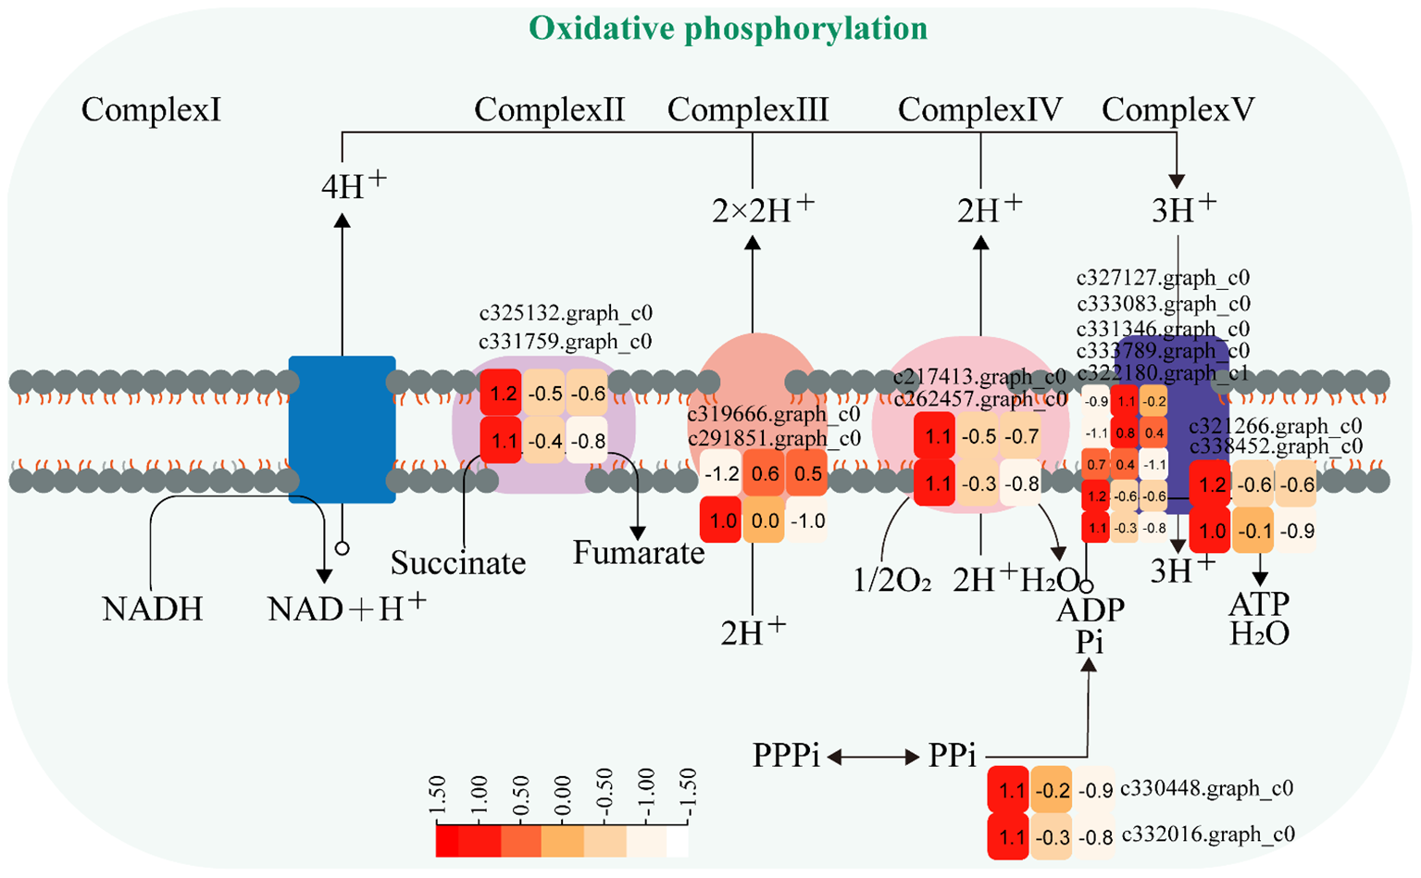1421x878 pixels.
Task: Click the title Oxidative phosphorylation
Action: (x=728, y=29)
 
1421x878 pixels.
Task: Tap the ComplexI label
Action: (x=151, y=110)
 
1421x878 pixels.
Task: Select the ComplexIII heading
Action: (x=747, y=110)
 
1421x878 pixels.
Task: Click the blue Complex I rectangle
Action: (x=342, y=429)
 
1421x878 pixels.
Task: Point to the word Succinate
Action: (x=457, y=563)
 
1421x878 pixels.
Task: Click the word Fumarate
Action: (x=638, y=553)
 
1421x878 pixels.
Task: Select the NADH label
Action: (x=152, y=609)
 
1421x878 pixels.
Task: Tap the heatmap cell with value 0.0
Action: (x=765, y=521)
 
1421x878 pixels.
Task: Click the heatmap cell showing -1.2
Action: (x=721, y=474)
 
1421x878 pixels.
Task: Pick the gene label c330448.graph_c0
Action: (x=1206, y=789)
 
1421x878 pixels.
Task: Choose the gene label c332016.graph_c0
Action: (x=1207, y=834)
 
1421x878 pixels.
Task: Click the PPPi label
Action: (x=786, y=756)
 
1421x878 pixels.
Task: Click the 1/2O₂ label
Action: (x=891, y=581)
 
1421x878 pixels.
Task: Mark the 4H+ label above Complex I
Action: (x=353, y=186)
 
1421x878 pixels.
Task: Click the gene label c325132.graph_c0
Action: (x=565, y=314)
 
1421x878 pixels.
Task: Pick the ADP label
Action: (x=1090, y=610)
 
